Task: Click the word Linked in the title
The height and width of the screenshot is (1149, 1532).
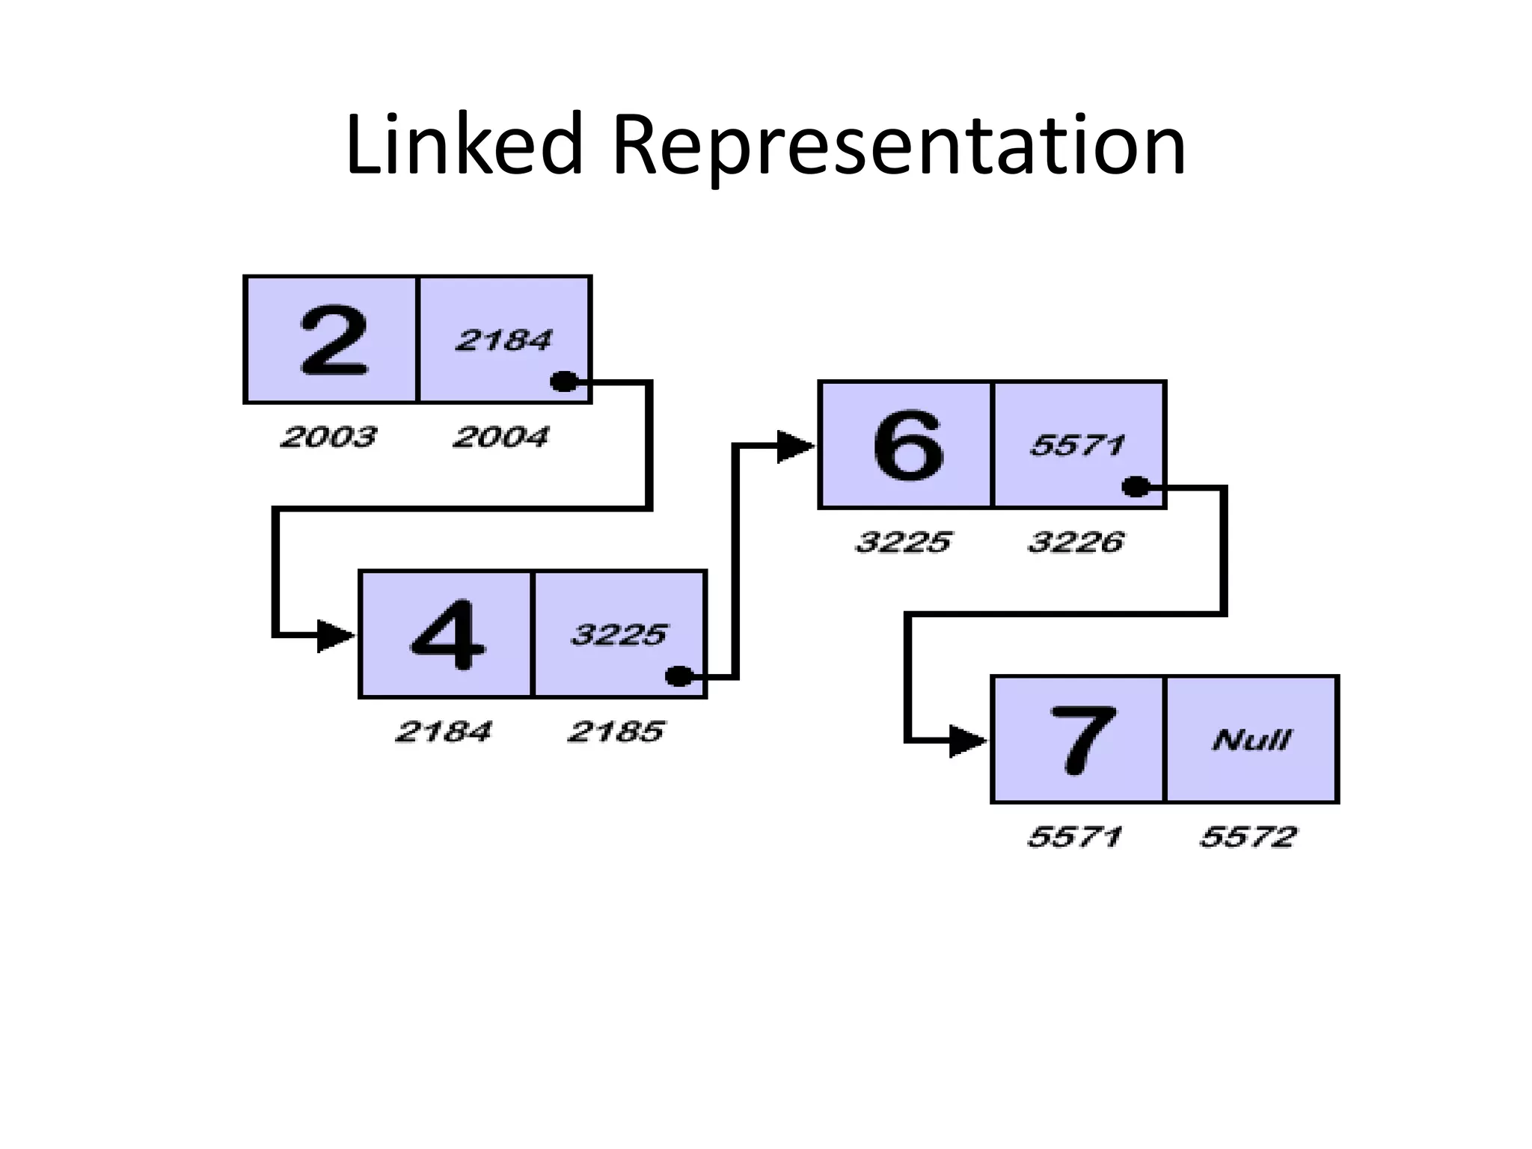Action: (x=463, y=144)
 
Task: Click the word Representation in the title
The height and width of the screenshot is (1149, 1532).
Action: (x=898, y=145)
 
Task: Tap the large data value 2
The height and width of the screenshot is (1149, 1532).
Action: (x=334, y=340)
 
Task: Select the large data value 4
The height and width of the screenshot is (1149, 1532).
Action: (x=447, y=634)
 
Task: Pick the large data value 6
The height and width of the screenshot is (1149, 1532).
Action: (x=907, y=445)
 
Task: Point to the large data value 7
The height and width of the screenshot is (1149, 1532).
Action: (x=1082, y=740)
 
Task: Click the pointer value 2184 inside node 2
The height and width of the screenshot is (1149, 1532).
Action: (x=503, y=340)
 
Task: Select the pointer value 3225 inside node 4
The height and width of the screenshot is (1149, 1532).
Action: (x=618, y=635)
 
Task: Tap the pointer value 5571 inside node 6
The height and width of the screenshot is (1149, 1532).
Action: (x=1077, y=446)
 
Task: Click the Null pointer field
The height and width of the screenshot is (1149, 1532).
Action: (x=1251, y=741)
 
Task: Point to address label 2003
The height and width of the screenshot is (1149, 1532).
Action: (x=328, y=437)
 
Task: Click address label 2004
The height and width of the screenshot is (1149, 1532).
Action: (x=500, y=437)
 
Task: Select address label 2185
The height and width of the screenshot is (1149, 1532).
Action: (x=616, y=732)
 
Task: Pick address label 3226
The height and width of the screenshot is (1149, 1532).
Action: (x=1076, y=542)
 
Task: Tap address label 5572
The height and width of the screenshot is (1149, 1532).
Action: (x=1248, y=836)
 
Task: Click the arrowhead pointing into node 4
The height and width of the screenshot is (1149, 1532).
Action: (x=334, y=636)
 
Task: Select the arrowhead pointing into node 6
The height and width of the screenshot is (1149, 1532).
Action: (x=794, y=447)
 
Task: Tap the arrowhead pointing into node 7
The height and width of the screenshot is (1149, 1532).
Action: (x=966, y=741)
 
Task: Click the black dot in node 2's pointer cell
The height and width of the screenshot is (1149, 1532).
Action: (x=563, y=382)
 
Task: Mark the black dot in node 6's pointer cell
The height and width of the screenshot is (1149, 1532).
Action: (x=1136, y=487)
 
